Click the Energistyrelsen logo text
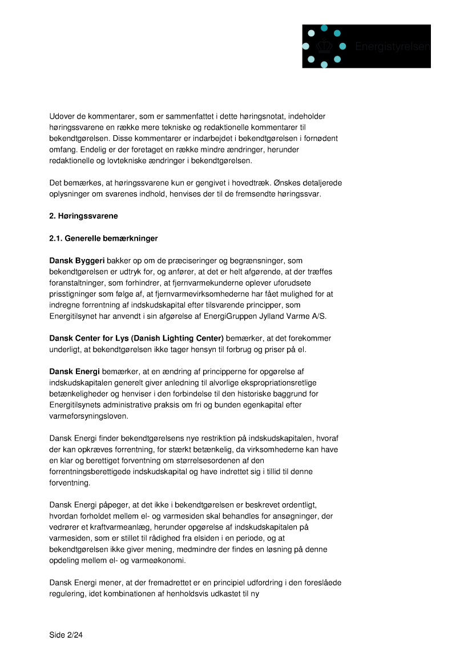click(x=392, y=46)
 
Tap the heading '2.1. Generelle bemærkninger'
click(x=103, y=238)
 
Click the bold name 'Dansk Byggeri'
click(x=76, y=260)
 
